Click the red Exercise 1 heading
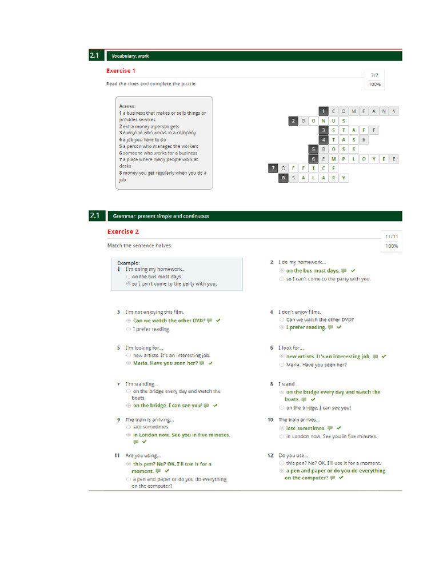(x=121, y=71)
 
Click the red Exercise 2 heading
(x=123, y=231)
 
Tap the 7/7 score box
(x=374, y=75)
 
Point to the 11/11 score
(x=391, y=237)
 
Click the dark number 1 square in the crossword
(x=323, y=111)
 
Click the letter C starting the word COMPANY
(x=334, y=111)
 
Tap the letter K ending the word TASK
(x=364, y=139)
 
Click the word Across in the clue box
(x=127, y=106)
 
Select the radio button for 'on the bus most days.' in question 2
(x=282, y=270)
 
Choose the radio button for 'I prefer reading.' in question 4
(x=282, y=327)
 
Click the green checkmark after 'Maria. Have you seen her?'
(x=211, y=363)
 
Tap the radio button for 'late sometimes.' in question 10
(x=282, y=428)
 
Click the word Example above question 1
(x=128, y=263)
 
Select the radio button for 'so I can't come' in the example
(x=128, y=283)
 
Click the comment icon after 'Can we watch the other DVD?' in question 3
(x=209, y=320)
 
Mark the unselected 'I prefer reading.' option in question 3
(x=128, y=329)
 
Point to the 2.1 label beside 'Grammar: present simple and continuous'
(x=95, y=215)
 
